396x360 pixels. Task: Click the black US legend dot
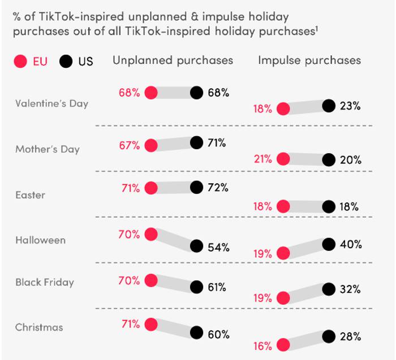click(x=66, y=61)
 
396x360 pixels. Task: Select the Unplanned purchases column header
click(x=173, y=60)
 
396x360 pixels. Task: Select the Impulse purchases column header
click(x=309, y=60)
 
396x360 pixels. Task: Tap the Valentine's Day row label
click(x=52, y=104)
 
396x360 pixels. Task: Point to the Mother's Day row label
click(x=48, y=149)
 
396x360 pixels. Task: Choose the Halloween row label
click(x=41, y=240)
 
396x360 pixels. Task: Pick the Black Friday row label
click(x=45, y=282)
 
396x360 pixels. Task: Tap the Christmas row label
click(x=40, y=327)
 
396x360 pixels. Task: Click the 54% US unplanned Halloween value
click(x=218, y=247)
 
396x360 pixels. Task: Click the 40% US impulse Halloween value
click(x=350, y=245)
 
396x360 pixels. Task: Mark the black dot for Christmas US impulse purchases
click(x=329, y=336)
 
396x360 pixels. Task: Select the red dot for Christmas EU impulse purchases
click(x=283, y=344)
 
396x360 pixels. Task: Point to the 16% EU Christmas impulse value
click(x=263, y=345)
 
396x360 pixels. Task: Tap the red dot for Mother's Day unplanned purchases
click(x=151, y=146)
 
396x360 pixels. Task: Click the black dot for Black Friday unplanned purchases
click(x=196, y=287)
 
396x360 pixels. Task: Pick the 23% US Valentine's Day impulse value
click(x=350, y=106)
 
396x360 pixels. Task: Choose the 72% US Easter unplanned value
click(x=218, y=188)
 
